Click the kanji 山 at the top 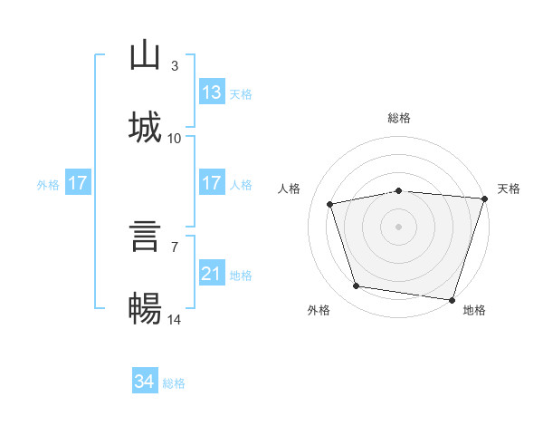tap(145, 54)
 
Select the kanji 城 tap(145, 127)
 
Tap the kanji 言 tap(145, 236)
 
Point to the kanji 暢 tap(145, 308)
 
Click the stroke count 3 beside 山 tap(175, 65)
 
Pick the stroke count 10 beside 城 tap(174, 139)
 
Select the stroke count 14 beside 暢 tap(174, 319)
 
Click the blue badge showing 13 tap(212, 92)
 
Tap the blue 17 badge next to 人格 tap(212, 182)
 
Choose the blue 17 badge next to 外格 tap(78, 182)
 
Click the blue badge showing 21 tap(212, 272)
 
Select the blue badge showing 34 tap(145, 380)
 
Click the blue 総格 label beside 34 tap(174, 383)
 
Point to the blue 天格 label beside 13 tap(241, 94)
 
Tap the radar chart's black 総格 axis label tap(399, 118)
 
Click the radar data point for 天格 tap(485, 198)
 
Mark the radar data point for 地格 tap(452, 300)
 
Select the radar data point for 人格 tap(330, 204)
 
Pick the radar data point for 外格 tap(357, 286)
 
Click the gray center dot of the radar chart tap(398, 227)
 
